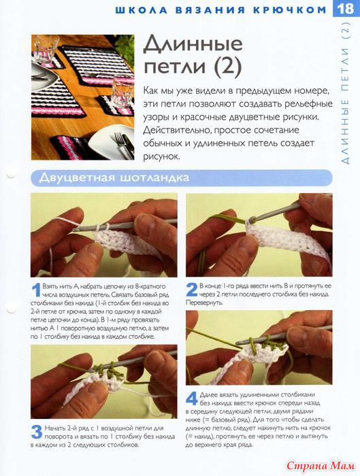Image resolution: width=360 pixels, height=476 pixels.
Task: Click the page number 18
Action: [x=346, y=8]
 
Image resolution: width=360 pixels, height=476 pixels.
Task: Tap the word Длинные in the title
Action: [x=193, y=44]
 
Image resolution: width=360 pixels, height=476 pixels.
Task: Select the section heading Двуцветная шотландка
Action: [x=114, y=177]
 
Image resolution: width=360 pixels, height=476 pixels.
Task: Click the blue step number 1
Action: [x=37, y=290]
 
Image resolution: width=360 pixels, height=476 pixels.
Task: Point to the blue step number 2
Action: [x=192, y=290]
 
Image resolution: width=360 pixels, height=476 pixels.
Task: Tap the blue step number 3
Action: [x=37, y=432]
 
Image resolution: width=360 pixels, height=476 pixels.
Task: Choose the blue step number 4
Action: [x=192, y=398]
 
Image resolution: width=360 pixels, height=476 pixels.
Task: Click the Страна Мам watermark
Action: [x=321, y=465]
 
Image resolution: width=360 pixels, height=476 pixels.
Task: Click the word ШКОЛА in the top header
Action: [x=142, y=10]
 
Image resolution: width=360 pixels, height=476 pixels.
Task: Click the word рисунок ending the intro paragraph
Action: [x=161, y=156]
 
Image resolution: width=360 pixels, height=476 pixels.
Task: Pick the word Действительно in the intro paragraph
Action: [x=176, y=131]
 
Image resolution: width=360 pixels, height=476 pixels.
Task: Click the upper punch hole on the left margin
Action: [x=11, y=174]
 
